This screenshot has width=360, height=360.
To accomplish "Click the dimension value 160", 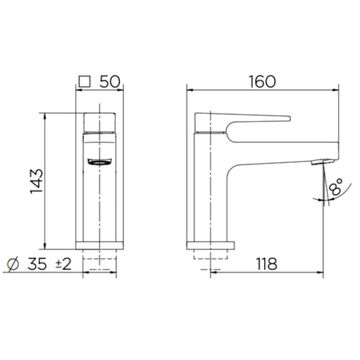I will pyautogui.click(x=262, y=81).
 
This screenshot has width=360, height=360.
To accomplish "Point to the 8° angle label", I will pyautogui.click(x=334, y=185).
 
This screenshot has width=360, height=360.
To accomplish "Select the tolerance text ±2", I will pyautogui.click(x=62, y=264).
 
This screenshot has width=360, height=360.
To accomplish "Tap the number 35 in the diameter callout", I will pyautogui.click(x=36, y=264).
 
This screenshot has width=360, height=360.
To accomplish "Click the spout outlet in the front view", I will pyautogui.click(x=100, y=162).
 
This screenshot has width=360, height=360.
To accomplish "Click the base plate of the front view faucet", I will pyautogui.click(x=100, y=245).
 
